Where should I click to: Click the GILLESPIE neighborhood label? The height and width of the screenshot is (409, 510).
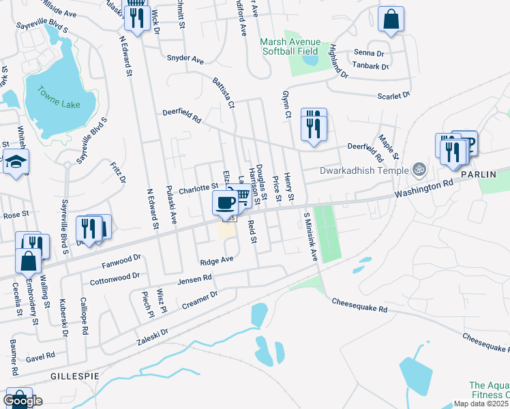pyautogui.click(x=74, y=376)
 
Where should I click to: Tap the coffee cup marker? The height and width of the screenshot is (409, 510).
pyautogui.click(x=226, y=202)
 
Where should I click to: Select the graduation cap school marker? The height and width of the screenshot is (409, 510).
pyautogui.click(x=15, y=163)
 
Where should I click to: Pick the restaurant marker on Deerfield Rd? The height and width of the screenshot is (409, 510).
pyautogui.click(x=314, y=125)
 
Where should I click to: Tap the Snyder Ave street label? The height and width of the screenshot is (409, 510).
pyautogui.click(x=185, y=59)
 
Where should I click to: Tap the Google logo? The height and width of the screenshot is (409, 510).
pyautogui.click(x=23, y=401)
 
